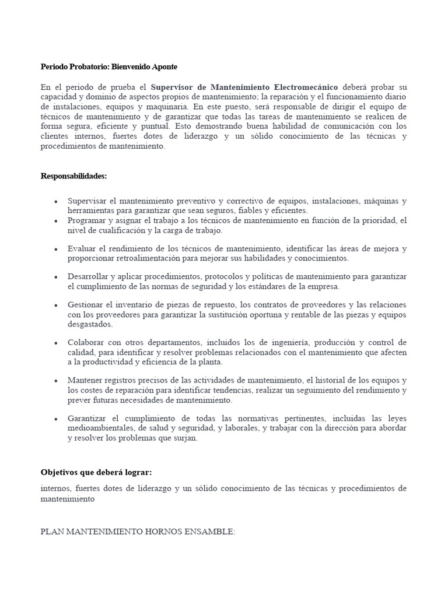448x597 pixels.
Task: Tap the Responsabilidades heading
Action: coord(73,175)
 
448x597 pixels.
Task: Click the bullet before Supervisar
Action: coord(55,201)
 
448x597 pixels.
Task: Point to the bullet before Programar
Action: coord(55,221)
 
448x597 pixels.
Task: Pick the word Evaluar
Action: coord(82,248)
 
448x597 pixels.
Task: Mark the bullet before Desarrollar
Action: coord(55,277)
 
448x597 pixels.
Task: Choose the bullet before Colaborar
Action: coord(55,343)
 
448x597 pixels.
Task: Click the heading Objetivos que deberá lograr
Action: coord(100,472)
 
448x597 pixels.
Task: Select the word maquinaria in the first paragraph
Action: coord(169,107)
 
